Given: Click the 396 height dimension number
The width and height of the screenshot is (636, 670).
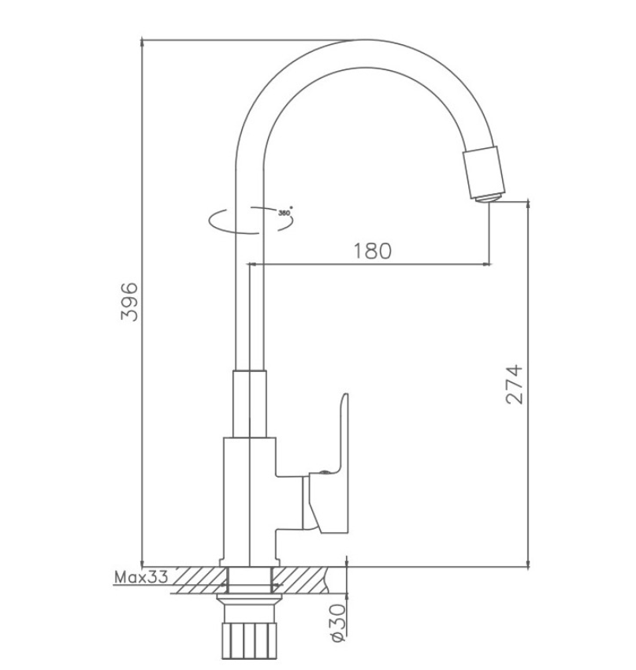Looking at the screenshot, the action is (129, 301).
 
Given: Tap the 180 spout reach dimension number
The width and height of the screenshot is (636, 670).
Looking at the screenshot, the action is (372, 251).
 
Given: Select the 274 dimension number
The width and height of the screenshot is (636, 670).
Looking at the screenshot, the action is (514, 384).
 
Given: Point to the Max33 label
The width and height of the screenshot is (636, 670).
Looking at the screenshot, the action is (141, 577).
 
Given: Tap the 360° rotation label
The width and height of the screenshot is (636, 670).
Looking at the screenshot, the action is (285, 212).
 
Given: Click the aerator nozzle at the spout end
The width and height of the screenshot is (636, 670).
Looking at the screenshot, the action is (485, 174).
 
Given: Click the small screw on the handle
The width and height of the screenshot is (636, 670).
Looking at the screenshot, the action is (325, 472).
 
